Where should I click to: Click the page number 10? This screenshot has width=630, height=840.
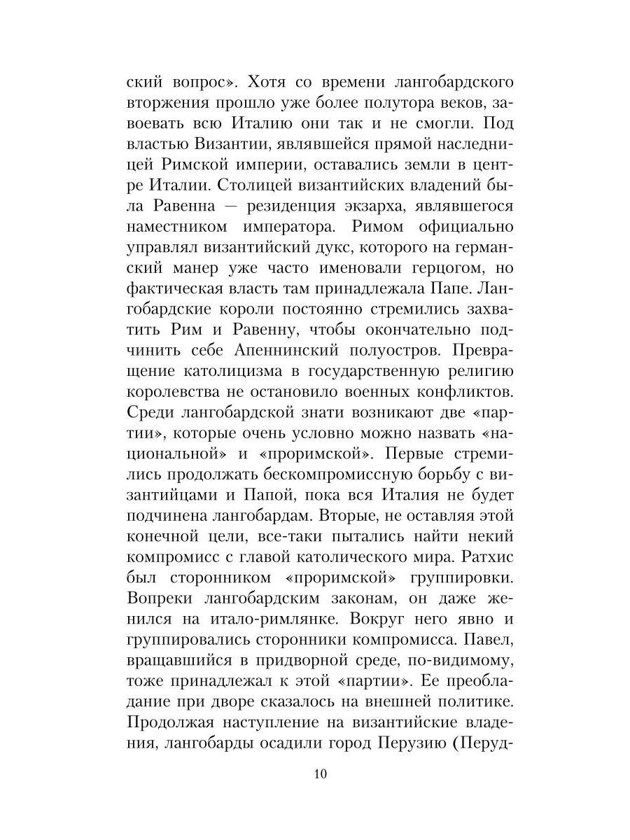click(x=320, y=773)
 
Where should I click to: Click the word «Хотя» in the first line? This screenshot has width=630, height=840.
click(x=269, y=83)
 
